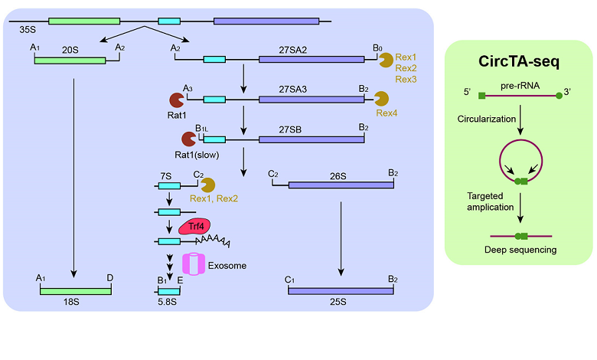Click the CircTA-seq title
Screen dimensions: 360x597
pos(520,61)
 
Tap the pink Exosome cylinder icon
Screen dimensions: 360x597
pos(194,263)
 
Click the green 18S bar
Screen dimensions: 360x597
pos(74,290)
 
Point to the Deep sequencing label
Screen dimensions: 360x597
pos(520,250)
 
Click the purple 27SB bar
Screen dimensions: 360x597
pos(312,139)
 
